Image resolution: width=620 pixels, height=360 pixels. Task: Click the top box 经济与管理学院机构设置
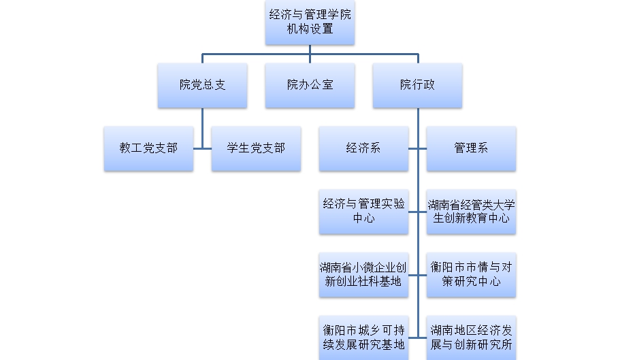(310, 22)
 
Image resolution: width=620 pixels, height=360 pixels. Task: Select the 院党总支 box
(202, 85)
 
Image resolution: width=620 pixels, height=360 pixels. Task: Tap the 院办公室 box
(310, 85)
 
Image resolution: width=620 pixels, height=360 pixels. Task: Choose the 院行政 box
(417, 85)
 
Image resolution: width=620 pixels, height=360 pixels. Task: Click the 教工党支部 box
(148, 148)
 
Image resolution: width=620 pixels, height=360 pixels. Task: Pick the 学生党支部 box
(256, 148)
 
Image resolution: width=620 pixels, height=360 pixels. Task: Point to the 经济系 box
(363, 148)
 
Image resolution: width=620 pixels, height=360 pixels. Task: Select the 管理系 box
(471, 148)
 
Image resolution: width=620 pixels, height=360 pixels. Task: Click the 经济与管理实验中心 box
(363, 211)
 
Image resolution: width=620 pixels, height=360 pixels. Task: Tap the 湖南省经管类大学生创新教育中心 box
(471, 211)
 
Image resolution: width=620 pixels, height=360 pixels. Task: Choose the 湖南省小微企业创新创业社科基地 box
(363, 274)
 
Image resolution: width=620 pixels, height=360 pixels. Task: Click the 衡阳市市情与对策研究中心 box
(471, 274)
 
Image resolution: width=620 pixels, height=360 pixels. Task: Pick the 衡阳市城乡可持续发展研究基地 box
(363, 337)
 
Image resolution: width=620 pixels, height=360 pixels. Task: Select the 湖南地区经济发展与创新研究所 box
(471, 337)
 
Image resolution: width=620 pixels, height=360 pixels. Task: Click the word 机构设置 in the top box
(310, 29)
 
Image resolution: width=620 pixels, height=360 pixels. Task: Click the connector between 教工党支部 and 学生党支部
(202, 148)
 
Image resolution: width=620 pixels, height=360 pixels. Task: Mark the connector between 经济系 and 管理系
(417, 148)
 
